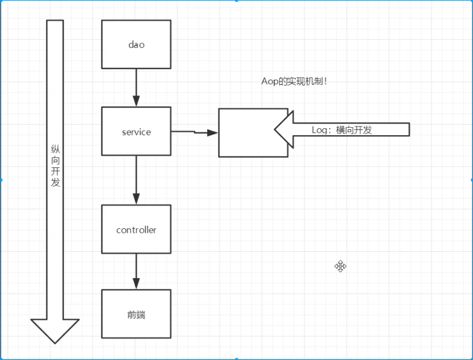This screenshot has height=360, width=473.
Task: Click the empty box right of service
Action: coord(246,133)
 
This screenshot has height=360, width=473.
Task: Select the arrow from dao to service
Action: coord(136,87)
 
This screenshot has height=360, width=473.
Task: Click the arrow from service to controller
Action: coord(136,180)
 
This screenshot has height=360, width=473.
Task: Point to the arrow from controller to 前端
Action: coord(136,271)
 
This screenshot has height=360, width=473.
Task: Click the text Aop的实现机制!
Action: coord(294,81)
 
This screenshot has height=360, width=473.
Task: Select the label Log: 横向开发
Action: coord(342,130)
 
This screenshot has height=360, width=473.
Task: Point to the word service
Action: coord(136,132)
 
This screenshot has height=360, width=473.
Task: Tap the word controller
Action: coord(136,230)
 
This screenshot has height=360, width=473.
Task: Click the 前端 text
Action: coord(136,315)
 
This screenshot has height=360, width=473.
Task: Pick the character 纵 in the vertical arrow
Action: coord(55,150)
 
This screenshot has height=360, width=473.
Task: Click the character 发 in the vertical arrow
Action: coord(55,183)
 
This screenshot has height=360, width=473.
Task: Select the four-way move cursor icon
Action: coord(341,266)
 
